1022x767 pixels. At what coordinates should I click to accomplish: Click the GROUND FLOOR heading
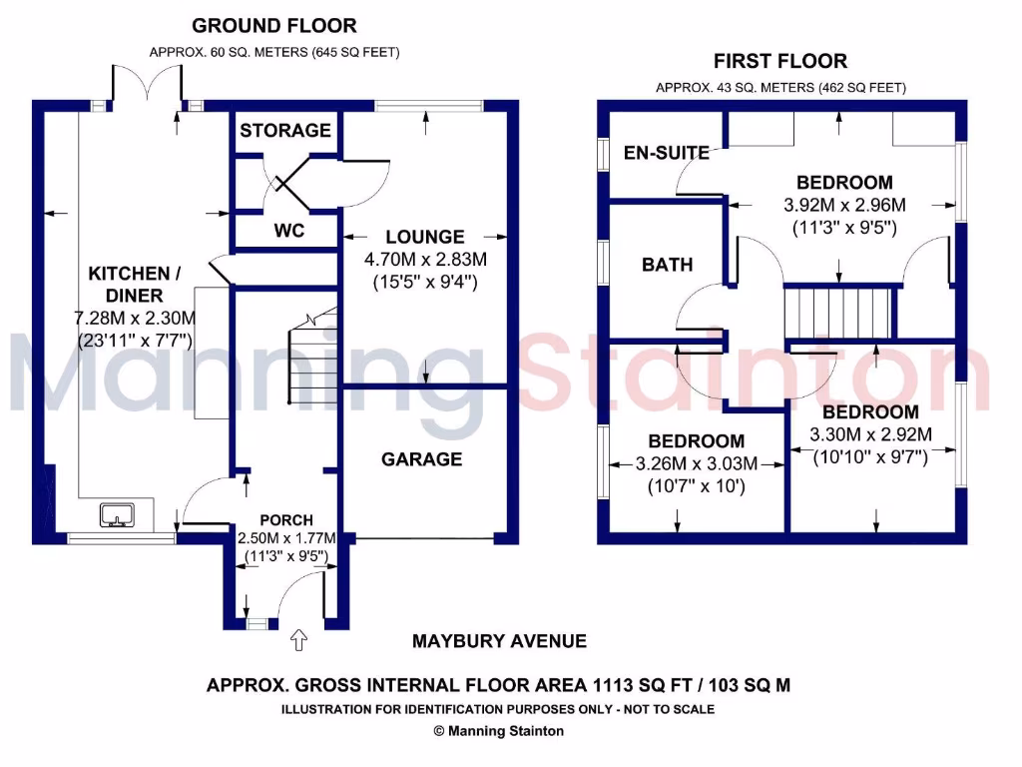coord(273,26)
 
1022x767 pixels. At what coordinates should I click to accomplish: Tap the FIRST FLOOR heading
coord(780,61)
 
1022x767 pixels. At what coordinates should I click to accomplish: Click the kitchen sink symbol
coord(117,514)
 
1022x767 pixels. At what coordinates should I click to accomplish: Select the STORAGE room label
coord(285,130)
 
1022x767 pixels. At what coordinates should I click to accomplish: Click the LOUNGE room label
coord(425,237)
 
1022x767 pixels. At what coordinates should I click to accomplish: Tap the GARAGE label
coord(421,459)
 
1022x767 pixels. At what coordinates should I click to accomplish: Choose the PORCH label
coord(286,520)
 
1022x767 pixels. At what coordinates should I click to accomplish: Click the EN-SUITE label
coord(666,153)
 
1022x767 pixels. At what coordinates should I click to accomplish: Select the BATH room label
coord(667,265)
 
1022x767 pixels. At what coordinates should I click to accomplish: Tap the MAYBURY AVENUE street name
coord(499,640)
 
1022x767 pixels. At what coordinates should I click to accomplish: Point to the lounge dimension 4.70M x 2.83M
coord(426,260)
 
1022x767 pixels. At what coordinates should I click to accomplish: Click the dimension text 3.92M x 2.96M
coord(843,206)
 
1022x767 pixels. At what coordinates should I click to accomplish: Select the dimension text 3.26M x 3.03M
coord(696,463)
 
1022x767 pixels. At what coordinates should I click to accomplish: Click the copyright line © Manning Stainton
coord(498,731)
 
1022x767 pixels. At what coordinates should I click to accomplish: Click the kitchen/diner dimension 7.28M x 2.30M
coord(135,319)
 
